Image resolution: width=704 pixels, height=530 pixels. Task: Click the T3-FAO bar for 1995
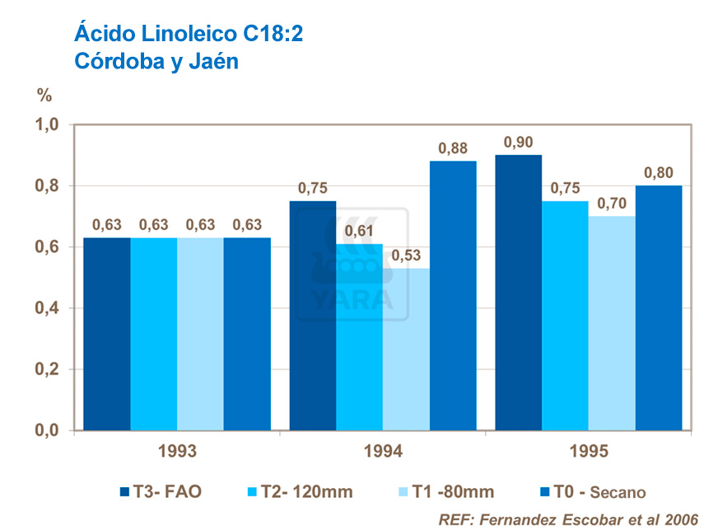[x=519, y=293]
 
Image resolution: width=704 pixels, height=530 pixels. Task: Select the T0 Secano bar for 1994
[x=453, y=295]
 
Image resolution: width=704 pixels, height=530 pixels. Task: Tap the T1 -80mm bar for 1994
[x=406, y=349]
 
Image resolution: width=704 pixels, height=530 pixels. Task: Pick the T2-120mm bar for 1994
[x=360, y=336]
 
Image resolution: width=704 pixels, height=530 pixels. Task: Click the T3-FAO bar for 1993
[x=107, y=334]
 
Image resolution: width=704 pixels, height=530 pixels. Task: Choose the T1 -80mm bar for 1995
[x=612, y=323]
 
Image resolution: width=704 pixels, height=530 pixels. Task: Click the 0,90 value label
[x=519, y=143]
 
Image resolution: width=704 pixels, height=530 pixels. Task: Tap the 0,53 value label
[x=406, y=256]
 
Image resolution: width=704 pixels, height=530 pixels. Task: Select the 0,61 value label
[x=360, y=232]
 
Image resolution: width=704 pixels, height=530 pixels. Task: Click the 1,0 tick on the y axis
[x=48, y=125]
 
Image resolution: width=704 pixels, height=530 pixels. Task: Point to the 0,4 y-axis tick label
[x=48, y=308]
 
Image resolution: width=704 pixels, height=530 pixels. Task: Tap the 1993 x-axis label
[x=177, y=452]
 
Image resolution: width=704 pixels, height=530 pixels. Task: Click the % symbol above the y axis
[x=44, y=94]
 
